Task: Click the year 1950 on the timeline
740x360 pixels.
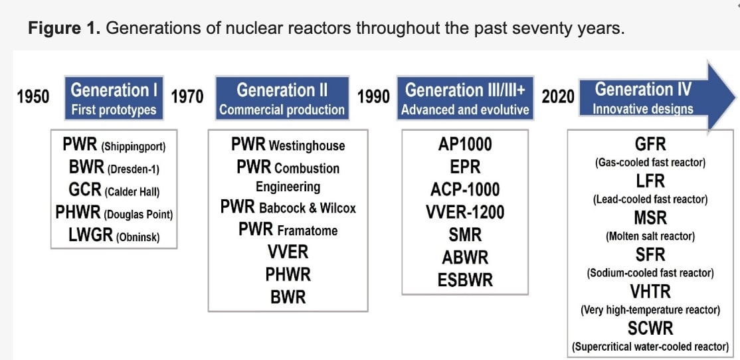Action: click(33, 97)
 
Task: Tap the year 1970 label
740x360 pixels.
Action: click(187, 97)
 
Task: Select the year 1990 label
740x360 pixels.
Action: click(373, 97)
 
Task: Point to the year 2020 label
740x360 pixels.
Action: click(558, 97)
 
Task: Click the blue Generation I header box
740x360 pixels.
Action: click(114, 98)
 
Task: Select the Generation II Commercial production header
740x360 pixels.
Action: click(282, 98)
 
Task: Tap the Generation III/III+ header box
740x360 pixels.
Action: click(465, 98)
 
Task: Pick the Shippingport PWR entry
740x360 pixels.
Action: click(114, 145)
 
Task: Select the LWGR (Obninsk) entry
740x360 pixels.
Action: click(114, 235)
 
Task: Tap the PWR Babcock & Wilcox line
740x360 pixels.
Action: click(288, 207)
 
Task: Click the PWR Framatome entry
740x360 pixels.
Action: click(288, 230)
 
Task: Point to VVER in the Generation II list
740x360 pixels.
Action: click(288, 252)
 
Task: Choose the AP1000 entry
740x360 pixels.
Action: click(465, 144)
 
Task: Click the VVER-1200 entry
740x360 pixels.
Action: click(465, 212)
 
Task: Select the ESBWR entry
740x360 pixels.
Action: click(465, 280)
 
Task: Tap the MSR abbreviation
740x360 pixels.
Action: click(650, 218)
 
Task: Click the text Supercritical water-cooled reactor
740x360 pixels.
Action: click(650, 347)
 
